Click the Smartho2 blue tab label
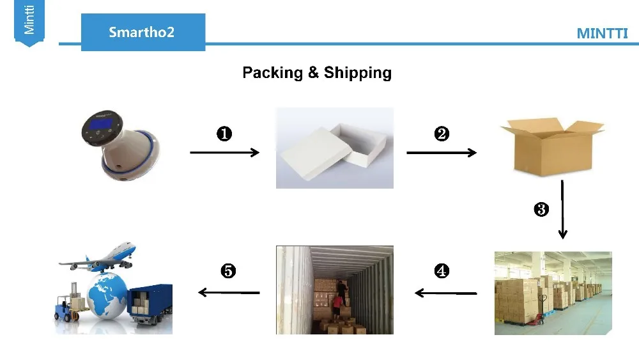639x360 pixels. point(141,32)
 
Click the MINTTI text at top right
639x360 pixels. point(602,34)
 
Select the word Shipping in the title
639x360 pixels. point(357,73)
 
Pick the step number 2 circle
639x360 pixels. point(442,134)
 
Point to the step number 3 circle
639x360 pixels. point(541,209)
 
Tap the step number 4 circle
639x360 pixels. point(442,271)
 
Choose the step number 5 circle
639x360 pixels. point(228,271)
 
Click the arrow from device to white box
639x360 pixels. point(224,152)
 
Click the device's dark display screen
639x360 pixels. point(99,125)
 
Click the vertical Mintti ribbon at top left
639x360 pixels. point(29,22)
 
